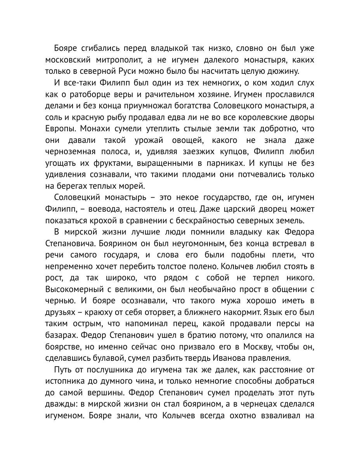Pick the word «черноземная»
coord(73,151)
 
